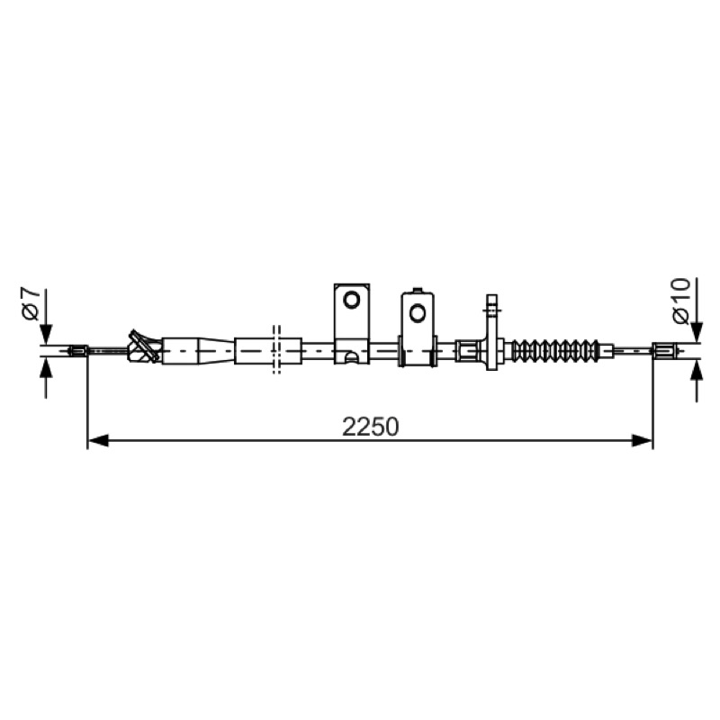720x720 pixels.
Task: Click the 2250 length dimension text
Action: point(370,427)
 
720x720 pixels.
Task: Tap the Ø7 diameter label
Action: point(31,303)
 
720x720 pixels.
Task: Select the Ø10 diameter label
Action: point(680,301)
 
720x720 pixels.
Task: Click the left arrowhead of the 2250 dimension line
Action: point(98,441)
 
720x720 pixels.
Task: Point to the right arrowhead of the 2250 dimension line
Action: point(642,441)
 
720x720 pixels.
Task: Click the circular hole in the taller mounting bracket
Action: point(352,301)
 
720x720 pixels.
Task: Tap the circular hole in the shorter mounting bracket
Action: point(418,313)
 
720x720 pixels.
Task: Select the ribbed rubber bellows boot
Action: point(555,351)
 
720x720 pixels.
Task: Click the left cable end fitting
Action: point(77,351)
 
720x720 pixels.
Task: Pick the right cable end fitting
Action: point(662,351)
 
